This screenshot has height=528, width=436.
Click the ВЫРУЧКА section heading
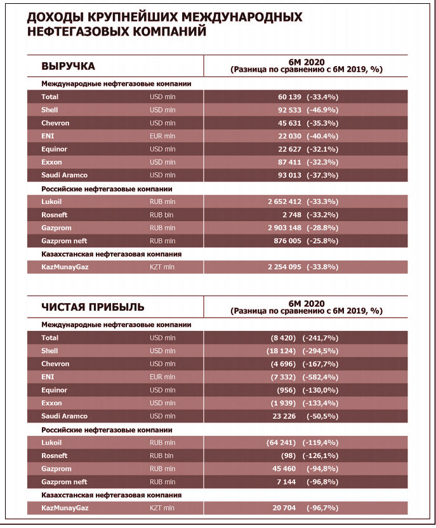tap(68, 66)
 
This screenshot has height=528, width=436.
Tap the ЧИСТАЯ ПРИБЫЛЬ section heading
tap(93, 307)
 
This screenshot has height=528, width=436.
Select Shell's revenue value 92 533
tap(289, 110)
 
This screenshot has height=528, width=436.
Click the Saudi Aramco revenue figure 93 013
tap(289, 175)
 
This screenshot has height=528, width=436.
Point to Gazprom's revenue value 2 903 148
tap(284, 227)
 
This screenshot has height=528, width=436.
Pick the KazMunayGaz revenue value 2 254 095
tap(284, 267)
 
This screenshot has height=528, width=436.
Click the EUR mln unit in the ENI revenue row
tap(162, 136)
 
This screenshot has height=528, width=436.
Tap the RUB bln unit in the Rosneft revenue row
tap(162, 215)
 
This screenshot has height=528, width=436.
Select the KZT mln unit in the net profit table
tap(162, 508)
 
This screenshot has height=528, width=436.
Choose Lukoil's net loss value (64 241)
tap(282, 442)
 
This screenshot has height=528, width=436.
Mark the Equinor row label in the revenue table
tap(54, 149)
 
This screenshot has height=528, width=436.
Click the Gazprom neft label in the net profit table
tap(64, 482)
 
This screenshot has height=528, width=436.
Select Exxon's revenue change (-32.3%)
tap(322, 162)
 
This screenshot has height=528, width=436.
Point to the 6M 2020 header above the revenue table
tap(306, 62)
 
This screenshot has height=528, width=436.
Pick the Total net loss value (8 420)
tap(284, 338)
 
